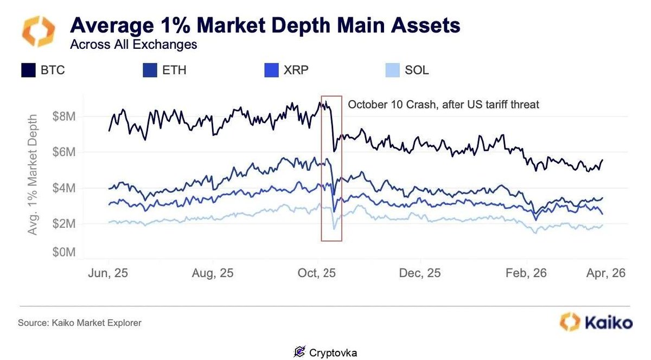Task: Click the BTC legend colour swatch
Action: [x=29, y=70]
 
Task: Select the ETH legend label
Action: [x=174, y=70]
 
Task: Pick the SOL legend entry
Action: [x=417, y=70]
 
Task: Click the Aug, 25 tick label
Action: [x=213, y=273]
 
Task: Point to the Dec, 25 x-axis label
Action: [x=420, y=273]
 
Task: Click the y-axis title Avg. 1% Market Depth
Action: [x=34, y=175]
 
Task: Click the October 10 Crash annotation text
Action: [x=443, y=104]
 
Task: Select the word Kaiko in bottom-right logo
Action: [x=608, y=323]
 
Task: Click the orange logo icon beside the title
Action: [x=38, y=31]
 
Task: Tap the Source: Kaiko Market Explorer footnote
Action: [x=80, y=323]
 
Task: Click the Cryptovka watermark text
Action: [x=333, y=352]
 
